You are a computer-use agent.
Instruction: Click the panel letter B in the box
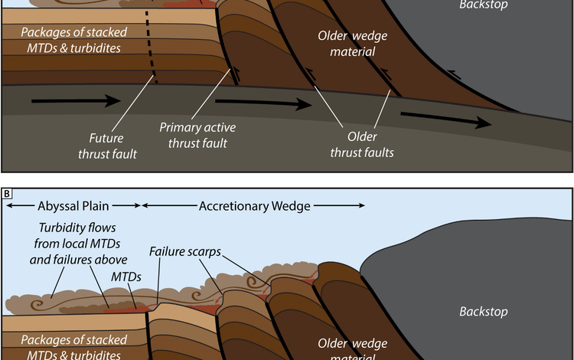pos(7,194)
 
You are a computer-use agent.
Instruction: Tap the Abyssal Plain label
pos(73,205)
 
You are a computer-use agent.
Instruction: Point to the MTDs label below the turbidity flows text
pos(127,275)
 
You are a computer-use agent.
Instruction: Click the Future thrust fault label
pos(112,147)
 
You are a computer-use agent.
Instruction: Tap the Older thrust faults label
pos(362,145)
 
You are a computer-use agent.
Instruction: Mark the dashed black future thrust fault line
pos(151,46)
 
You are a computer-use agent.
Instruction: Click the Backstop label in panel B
pos(483,311)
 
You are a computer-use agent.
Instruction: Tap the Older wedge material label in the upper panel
pos(347,44)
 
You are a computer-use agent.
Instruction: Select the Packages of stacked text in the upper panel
pos(73,32)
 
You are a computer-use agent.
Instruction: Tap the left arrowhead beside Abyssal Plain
pos(7,205)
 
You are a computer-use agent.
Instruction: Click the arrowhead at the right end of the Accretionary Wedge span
pos(362,205)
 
